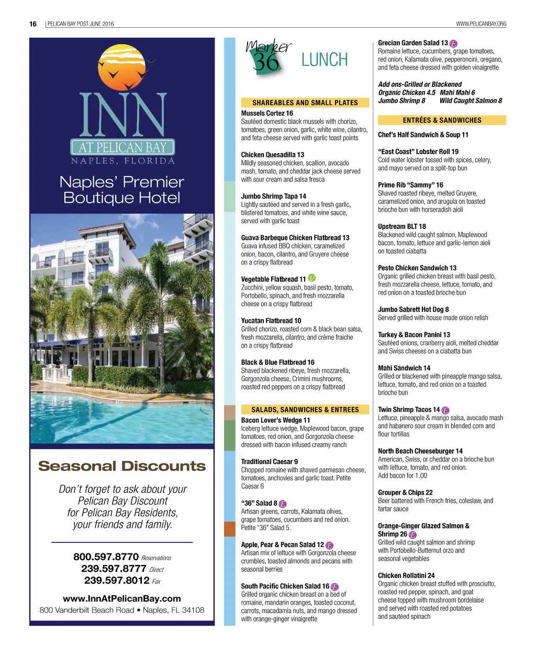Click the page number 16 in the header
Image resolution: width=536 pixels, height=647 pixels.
coord(33,24)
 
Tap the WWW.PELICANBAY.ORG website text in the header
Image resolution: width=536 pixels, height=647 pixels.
coord(481,24)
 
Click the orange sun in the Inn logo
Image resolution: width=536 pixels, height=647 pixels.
coord(121,67)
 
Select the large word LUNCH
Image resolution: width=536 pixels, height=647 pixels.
coord(325,60)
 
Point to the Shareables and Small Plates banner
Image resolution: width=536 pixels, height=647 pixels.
coord(305,103)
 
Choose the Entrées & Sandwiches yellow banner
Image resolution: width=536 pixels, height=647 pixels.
coord(442,120)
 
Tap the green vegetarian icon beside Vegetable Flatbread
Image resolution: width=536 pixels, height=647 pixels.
coord(312,278)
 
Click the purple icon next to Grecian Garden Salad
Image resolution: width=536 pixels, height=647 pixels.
coord(453,43)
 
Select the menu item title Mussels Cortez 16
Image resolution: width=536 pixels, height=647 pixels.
coord(267,113)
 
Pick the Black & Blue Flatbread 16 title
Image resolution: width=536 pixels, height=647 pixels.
coord(277,362)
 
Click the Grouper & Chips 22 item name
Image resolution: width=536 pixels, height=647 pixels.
coord(405,492)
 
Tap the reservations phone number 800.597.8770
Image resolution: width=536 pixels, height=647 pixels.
coord(106,557)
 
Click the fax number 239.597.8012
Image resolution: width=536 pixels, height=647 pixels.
coord(117,580)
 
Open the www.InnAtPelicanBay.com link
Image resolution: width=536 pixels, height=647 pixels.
coord(122,598)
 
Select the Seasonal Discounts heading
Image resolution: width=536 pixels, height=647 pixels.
coord(122,466)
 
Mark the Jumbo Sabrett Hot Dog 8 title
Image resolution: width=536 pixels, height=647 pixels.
coord(413,309)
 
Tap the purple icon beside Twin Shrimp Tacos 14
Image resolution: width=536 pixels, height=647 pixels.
coord(445,410)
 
